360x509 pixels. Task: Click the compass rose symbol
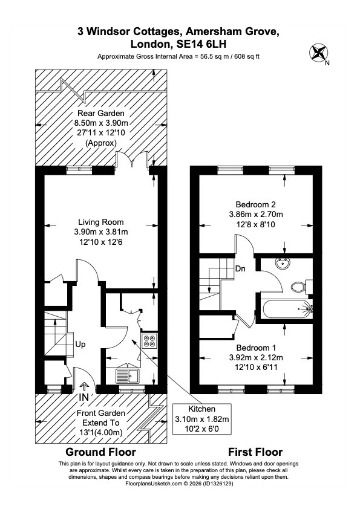click(318, 53)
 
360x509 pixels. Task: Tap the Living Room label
click(100, 222)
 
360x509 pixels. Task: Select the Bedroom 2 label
click(256, 204)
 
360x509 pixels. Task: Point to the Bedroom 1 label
click(256, 348)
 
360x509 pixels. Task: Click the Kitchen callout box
click(201, 419)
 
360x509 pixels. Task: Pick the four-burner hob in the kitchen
click(149, 340)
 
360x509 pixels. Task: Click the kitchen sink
click(128, 377)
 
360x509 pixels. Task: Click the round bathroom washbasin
click(283, 264)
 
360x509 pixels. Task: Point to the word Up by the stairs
click(80, 345)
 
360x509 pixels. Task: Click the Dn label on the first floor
click(240, 269)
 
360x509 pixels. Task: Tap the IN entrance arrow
click(85, 386)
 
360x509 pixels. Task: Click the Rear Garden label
click(100, 113)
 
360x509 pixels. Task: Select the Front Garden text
click(100, 413)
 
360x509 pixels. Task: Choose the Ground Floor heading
click(100, 452)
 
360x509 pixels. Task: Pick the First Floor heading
click(255, 452)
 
